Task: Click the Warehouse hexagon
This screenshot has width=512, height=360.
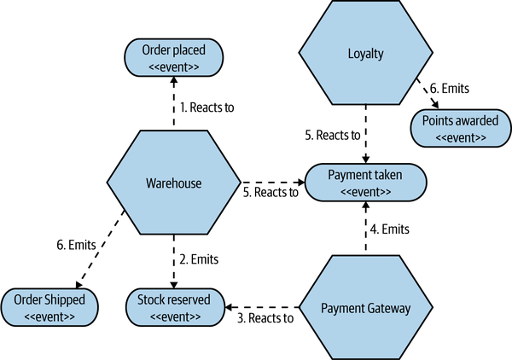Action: (174, 183)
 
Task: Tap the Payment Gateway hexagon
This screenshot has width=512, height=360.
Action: (366, 307)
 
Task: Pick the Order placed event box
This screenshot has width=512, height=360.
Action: (174, 56)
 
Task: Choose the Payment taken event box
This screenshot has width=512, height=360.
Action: (366, 183)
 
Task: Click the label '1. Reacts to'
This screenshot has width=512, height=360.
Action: (206, 107)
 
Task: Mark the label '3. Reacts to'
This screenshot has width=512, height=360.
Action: (265, 318)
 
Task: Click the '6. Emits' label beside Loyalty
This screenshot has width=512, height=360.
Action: (447, 88)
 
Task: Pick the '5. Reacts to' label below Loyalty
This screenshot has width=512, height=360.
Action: (333, 135)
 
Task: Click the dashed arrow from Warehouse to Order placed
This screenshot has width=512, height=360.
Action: (174, 102)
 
